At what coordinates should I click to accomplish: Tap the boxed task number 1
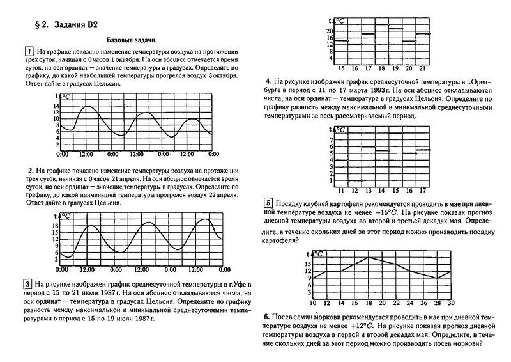(28, 51)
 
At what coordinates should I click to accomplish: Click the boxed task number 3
(28, 284)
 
